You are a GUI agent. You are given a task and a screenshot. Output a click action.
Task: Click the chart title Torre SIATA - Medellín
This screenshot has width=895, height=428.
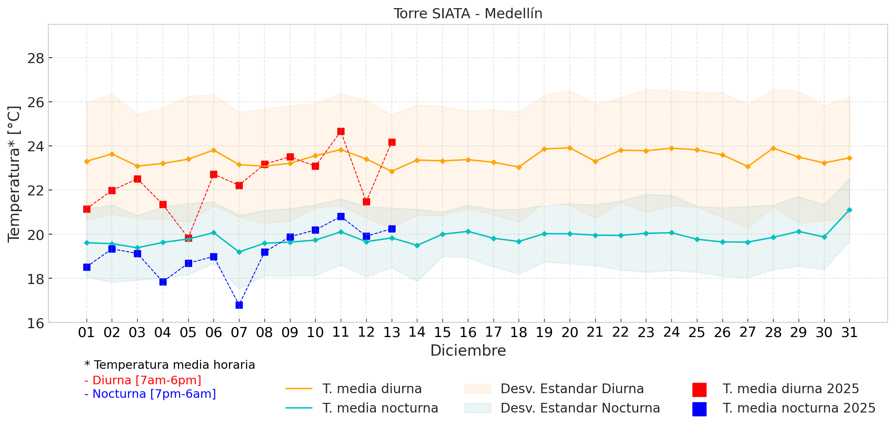[x=468, y=14]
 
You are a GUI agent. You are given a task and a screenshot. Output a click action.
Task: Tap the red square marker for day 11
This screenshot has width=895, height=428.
[x=341, y=132]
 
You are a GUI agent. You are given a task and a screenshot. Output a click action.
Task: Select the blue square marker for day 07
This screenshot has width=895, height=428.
[x=239, y=305]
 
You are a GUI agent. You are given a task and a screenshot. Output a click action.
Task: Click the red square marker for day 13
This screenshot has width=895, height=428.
[x=392, y=142]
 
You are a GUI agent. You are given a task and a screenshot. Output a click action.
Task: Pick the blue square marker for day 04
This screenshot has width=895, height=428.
[x=163, y=282]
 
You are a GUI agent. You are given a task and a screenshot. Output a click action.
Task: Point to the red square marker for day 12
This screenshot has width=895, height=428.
[x=366, y=202]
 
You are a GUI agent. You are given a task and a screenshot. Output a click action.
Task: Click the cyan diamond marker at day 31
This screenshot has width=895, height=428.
[x=849, y=210]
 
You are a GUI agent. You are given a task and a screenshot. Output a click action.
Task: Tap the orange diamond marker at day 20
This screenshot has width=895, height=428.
[x=570, y=148]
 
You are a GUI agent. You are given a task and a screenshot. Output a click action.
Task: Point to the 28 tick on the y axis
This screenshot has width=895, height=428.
[x=36, y=58]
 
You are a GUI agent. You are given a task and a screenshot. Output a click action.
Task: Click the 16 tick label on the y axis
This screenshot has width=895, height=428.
[x=36, y=323]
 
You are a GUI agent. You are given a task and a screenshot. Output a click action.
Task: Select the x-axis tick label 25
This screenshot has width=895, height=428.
[x=697, y=332]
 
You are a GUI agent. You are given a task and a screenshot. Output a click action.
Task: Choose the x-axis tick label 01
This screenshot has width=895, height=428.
[x=86, y=332]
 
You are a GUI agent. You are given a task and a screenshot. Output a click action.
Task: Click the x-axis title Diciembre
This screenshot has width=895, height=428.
[x=468, y=351]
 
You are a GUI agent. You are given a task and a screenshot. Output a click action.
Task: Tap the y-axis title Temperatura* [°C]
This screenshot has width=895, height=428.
[x=14, y=174]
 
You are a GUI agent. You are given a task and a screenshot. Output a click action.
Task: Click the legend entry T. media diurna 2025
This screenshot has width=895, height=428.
[x=790, y=389]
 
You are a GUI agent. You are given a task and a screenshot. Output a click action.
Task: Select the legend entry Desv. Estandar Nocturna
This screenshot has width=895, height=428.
[x=580, y=408]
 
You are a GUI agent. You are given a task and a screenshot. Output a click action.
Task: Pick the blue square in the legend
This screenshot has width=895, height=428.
[x=699, y=409]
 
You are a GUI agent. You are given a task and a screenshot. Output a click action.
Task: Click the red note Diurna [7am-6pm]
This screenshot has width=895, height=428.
[x=143, y=380]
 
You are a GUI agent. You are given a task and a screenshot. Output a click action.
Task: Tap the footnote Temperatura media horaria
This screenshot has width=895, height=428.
[x=170, y=365]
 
